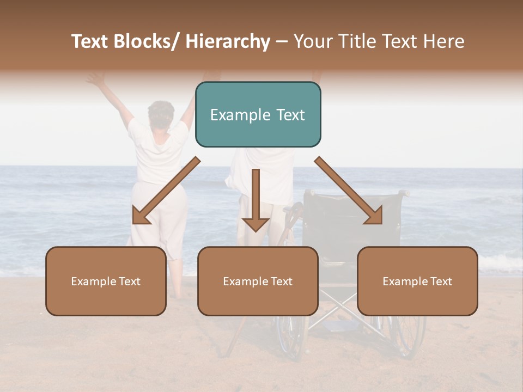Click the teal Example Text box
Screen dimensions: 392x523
point(258,114)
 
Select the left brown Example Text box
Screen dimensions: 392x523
point(106,281)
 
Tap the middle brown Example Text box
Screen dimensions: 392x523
point(258,281)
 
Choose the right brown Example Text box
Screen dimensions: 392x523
point(417,281)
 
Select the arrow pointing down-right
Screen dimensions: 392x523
point(349,191)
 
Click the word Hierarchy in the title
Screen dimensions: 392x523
point(228,42)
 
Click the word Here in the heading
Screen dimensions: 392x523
point(445,42)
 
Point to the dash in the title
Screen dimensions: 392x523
point(282,42)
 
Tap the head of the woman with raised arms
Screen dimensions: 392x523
point(161,113)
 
